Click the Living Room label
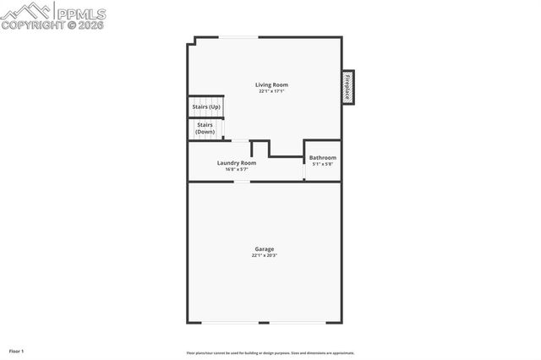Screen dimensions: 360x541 272,85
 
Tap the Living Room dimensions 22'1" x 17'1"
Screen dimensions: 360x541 272,91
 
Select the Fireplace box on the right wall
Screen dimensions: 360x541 347,86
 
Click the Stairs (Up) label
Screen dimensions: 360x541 206,107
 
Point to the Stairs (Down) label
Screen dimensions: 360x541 205,128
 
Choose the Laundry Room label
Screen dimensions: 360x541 236,163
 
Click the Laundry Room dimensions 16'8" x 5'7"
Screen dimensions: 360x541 236,169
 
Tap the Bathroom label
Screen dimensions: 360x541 322,158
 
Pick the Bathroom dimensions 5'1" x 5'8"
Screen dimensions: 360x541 322,164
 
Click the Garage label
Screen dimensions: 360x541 264,248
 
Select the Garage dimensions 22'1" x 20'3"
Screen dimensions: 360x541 264,255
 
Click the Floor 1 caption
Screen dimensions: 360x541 16,350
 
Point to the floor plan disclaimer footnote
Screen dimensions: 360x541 270,352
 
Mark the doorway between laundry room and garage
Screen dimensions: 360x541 242,181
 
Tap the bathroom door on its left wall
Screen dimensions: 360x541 304,167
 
